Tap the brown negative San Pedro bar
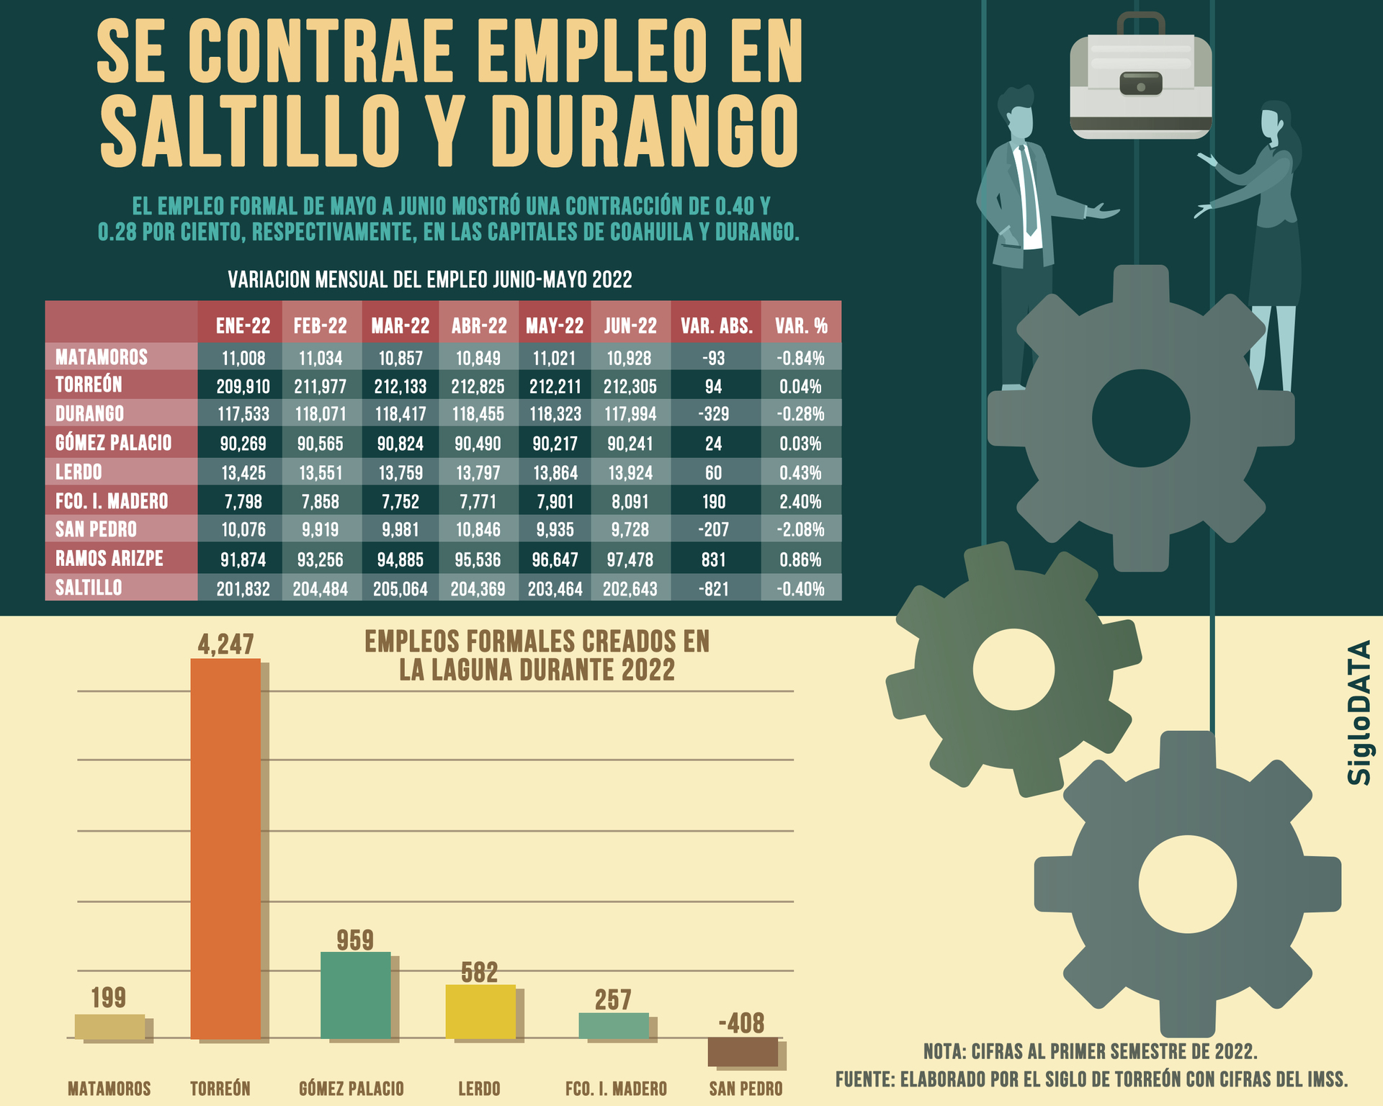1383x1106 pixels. [x=743, y=1052]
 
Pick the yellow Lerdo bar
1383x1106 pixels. [x=480, y=1012]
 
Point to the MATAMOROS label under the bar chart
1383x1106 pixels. [x=109, y=1089]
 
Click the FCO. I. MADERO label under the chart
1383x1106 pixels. [x=616, y=1089]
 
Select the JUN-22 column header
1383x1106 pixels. [x=630, y=326]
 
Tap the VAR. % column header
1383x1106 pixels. [x=801, y=326]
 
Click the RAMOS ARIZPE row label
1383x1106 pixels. [x=109, y=559]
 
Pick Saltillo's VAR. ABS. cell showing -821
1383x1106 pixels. [x=714, y=589]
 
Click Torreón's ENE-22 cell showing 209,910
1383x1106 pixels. [x=243, y=387]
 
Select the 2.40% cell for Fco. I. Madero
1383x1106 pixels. [x=800, y=502]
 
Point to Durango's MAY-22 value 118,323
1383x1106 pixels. [x=555, y=415]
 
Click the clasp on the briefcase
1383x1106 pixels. [x=1140, y=84]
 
